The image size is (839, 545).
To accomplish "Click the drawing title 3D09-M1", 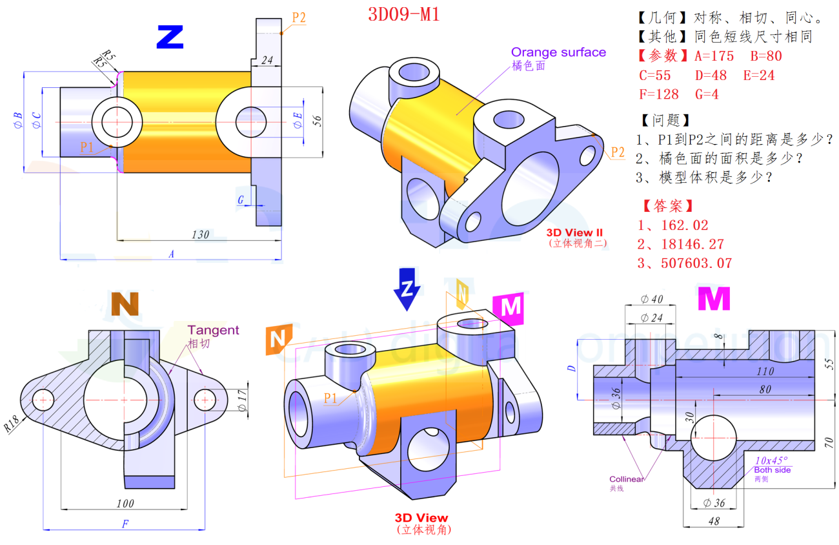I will tap(404, 14).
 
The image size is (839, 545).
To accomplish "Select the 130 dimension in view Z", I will tap(200, 234).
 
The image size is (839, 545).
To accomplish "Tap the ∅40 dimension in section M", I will tap(652, 299).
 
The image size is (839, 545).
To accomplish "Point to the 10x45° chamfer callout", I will tap(772, 460).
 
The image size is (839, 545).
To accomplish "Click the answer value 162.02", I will tap(685, 225).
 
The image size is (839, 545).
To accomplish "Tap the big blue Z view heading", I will tap(170, 37).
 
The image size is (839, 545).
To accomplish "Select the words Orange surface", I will tap(558, 52).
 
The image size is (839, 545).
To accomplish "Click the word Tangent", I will tap(213, 331).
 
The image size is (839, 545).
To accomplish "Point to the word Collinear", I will tap(626, 479).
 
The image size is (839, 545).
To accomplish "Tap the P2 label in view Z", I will tap(298, 17).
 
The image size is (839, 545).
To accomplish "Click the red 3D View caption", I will tap(421, 518).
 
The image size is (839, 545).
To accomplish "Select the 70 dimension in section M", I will tap(829, 442).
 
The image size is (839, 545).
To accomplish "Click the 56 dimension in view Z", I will tap(317, 121).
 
